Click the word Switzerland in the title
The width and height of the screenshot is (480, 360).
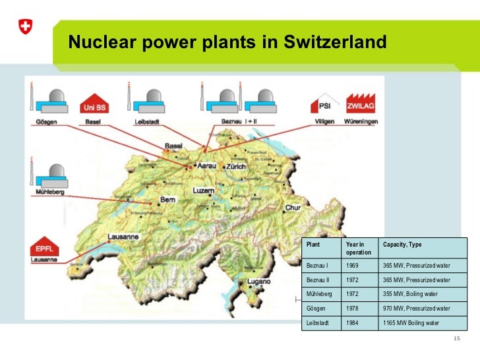(332, 44)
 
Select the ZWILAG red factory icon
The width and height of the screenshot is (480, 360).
(361, 105)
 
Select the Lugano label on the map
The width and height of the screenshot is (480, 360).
(259, 282)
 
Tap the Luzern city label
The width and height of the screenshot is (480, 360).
(204, 190)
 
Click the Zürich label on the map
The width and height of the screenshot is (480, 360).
(235, 167)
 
